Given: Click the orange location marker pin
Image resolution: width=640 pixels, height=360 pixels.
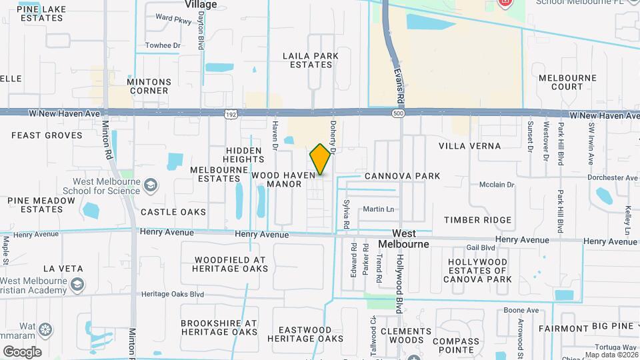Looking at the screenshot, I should tap(321, 159).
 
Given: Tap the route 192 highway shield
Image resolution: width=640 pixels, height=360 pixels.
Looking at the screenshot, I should tap(229, 114).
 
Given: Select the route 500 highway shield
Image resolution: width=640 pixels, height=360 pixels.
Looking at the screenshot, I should tap(398, 114).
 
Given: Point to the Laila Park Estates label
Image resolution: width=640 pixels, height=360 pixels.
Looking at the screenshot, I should tap(307, 60).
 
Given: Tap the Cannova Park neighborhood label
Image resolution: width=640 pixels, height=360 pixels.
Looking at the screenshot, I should tap(402, 177).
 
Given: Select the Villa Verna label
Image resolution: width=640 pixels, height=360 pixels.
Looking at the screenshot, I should tap(469, 145).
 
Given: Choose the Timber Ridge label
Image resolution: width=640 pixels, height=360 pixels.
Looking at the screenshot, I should tap(478, 220).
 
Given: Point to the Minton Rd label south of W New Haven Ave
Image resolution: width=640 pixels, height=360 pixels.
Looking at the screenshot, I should tap(108, 143).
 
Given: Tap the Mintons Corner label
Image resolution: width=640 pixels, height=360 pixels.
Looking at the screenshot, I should tap(149, 86).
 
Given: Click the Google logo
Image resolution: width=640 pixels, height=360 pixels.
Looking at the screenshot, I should tap(22, 351).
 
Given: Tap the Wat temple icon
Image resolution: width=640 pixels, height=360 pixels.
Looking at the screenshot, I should tap(46, 329).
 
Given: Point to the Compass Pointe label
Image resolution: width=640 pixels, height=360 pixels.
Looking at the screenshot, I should tap(455, 345).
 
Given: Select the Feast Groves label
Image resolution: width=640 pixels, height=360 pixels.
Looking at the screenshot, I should tap(47, 135).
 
